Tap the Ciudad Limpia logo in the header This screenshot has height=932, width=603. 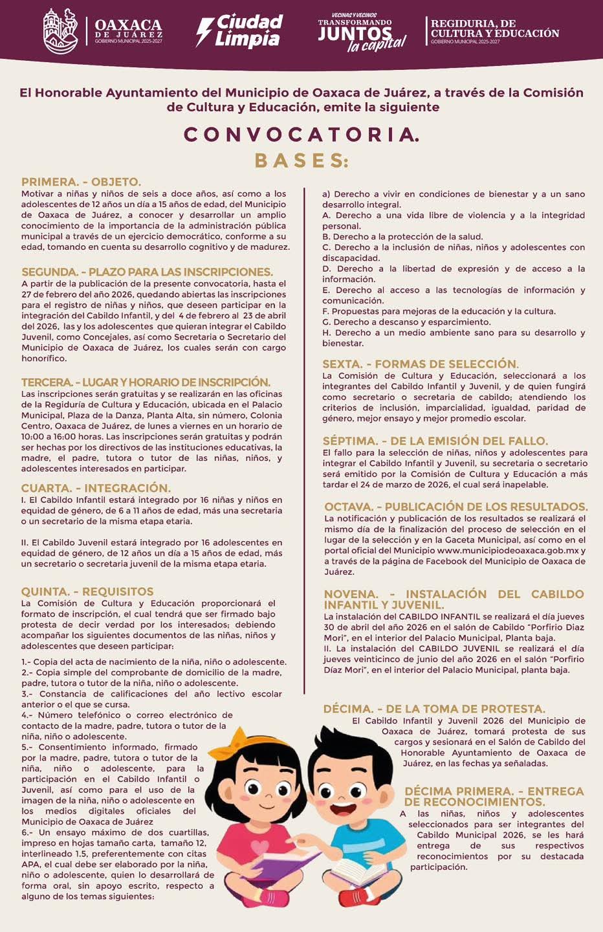pos(240,30)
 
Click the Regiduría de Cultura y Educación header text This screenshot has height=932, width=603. pos(494,30)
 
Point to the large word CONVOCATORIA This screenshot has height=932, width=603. pos(301,134)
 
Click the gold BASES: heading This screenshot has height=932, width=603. pos(301,161)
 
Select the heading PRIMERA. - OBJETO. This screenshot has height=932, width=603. pos(81,182)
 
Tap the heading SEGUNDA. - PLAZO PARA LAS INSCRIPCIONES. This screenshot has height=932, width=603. pos(147,272)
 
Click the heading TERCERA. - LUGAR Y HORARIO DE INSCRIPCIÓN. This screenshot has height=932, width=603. pos(146,382)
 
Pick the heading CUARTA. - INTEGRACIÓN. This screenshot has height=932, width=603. pos(96,488)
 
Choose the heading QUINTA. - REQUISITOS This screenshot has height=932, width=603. pos(87,592)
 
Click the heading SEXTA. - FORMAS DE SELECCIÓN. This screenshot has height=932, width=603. pos(421,364)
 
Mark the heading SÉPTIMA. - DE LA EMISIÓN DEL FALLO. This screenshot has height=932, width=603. pos(435,441)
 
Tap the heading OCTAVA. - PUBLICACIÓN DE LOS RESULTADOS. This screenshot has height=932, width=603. pos(456,507)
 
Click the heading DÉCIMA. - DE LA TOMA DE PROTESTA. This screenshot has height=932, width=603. pos(433,709)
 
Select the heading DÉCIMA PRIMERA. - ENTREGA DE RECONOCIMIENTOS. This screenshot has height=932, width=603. pos(494,796)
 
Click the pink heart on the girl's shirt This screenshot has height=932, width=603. pos(259,846)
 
